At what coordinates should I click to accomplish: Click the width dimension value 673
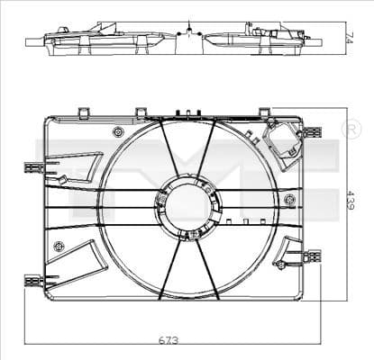(x=168, y=339)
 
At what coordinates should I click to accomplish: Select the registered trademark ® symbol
(x=351, y=129)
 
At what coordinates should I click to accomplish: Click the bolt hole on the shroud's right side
(x=289, y=199)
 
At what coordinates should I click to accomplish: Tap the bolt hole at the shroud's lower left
(x=59, y=246)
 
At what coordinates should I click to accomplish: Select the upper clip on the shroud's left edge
(x=34, y=167)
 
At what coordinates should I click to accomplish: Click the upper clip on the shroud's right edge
(x=312, y=132)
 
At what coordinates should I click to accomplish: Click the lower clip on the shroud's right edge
(x=312, y=257)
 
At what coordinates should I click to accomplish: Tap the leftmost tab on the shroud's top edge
(x=83, y=112)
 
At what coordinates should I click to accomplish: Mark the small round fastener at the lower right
(x=282, y=265)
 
